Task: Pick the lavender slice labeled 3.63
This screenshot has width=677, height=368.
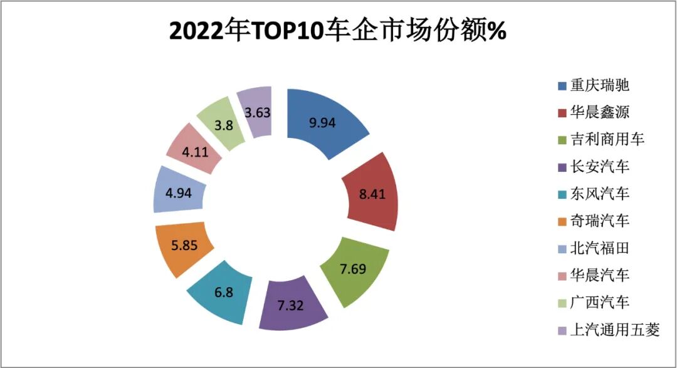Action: [x=256, y=112]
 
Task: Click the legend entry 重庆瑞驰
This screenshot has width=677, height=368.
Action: [x=599, y=85]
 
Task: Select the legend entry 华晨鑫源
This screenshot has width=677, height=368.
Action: [x=599, y=112]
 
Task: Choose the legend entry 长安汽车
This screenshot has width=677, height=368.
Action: [x=599, y=167]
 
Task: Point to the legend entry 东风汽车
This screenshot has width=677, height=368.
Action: [x=599, y=194]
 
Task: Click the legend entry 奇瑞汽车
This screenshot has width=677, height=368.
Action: [x=599, y=221]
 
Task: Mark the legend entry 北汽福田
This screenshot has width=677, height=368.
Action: [x=599, y=248]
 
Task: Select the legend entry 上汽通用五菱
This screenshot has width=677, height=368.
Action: [x=614, y=329]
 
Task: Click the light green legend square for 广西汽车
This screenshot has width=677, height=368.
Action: [x=562, y=302]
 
